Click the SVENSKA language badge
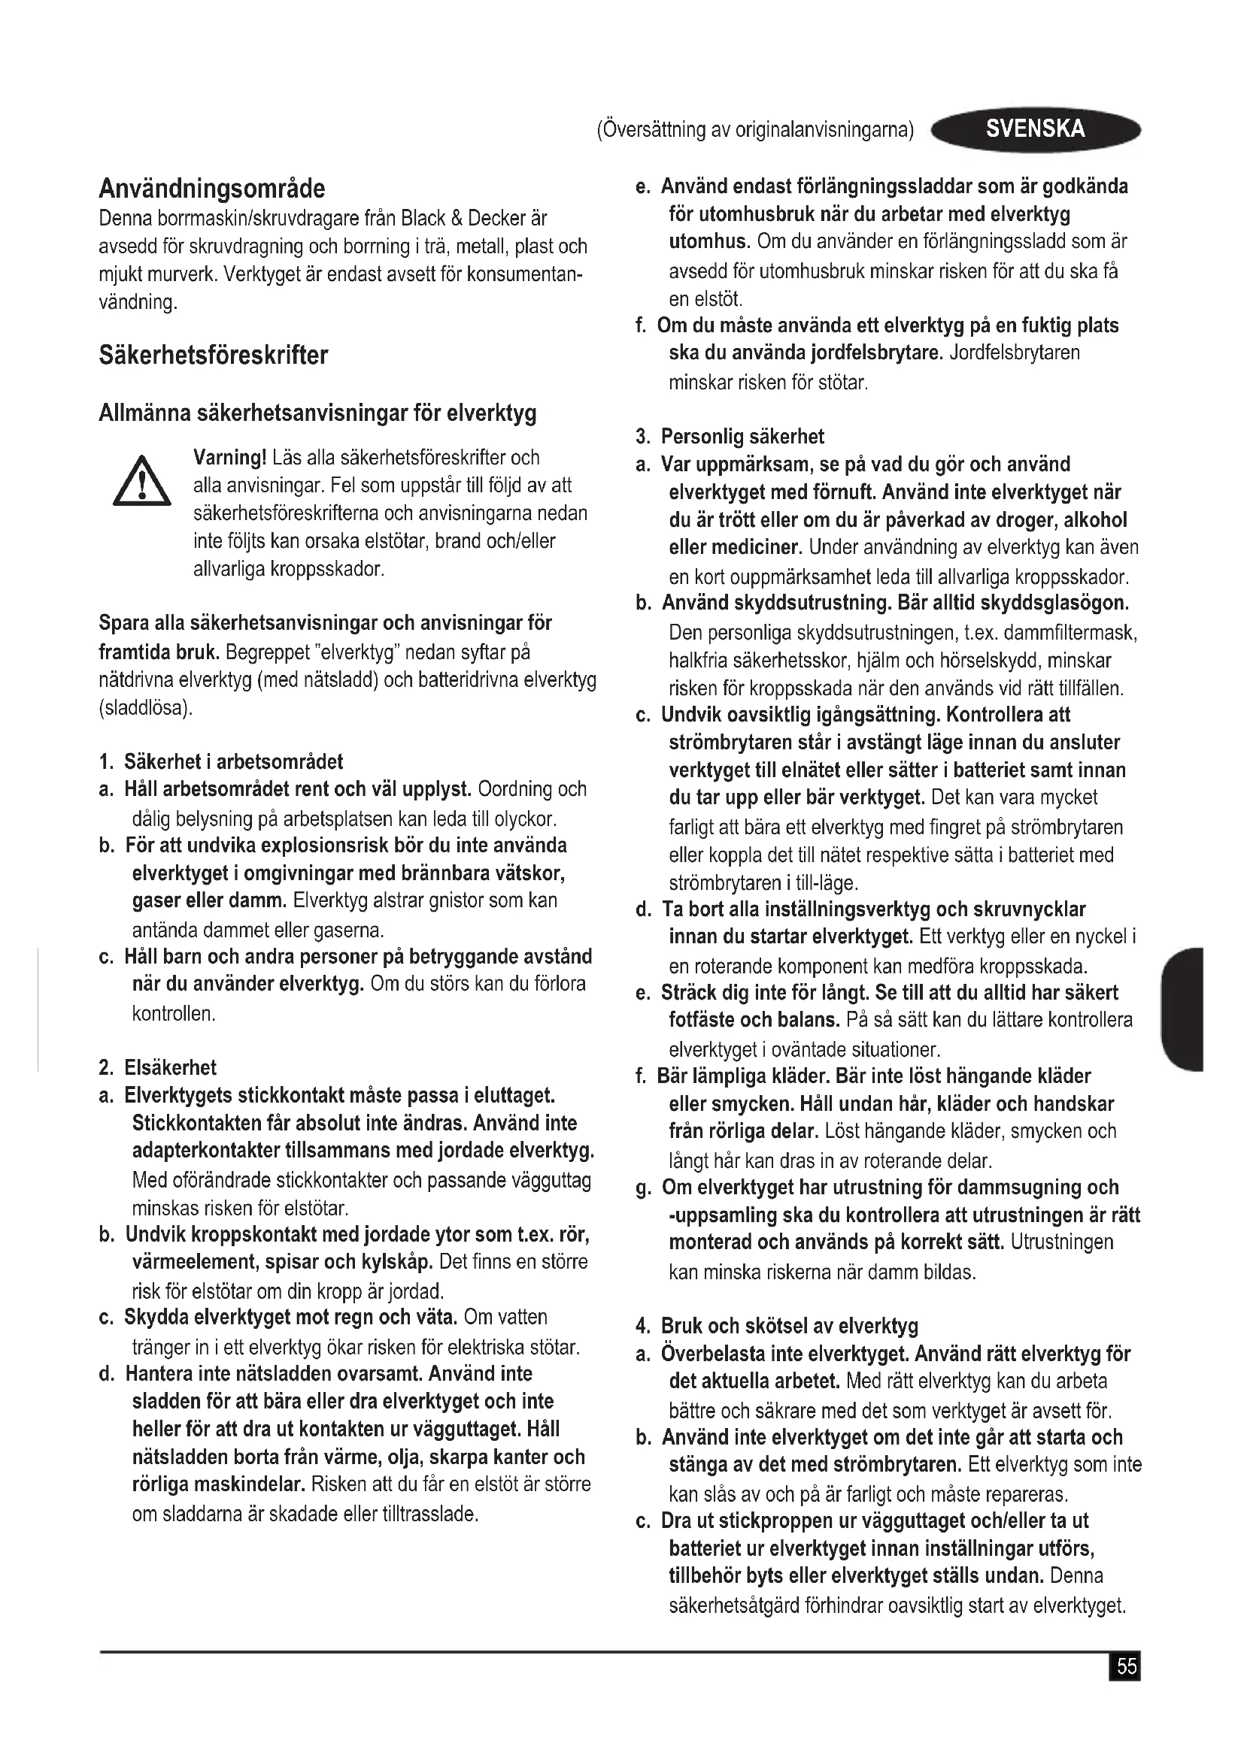(1035, 129)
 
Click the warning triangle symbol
(141, 483)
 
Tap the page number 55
(1126, 1668)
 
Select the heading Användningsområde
(212, 189)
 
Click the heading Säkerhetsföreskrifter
(214, 356)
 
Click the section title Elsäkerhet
(170, 1067)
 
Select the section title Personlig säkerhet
(742, 437)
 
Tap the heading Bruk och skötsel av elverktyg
(789, 1326)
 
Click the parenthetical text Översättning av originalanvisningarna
(755, 130)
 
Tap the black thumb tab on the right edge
(1183, 1009)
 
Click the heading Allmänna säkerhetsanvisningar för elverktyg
(317, 413)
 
